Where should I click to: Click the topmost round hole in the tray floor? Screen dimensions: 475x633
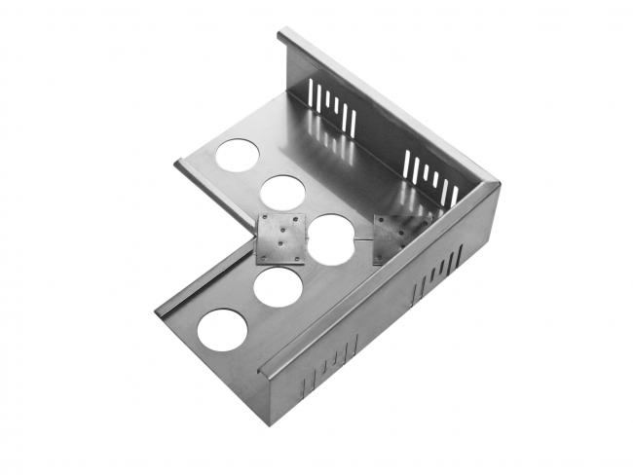point(238,155)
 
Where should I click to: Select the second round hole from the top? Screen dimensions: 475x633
point(282,192)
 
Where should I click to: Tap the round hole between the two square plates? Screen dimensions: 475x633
point(331,239)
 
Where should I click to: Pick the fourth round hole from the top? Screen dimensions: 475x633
point(278,287)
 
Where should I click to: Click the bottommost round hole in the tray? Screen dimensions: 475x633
point(223,330)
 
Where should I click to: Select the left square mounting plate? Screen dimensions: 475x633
point(279,238)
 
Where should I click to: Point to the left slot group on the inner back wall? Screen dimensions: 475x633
point(332,107)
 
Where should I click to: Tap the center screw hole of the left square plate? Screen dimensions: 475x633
point(280,239)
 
